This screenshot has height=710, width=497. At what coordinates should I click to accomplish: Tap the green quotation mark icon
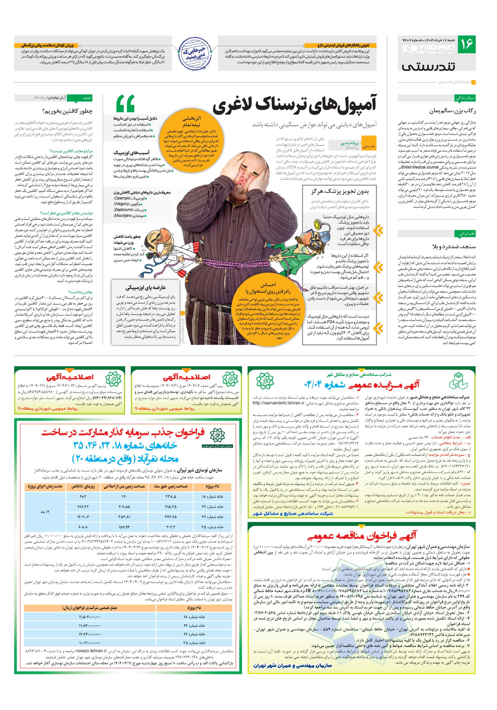point(125,103)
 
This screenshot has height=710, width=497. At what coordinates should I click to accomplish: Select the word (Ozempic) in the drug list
point(122,198)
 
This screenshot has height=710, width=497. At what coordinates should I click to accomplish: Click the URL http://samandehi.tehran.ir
point(278,403)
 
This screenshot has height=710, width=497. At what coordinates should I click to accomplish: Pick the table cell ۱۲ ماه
point(45,512)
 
